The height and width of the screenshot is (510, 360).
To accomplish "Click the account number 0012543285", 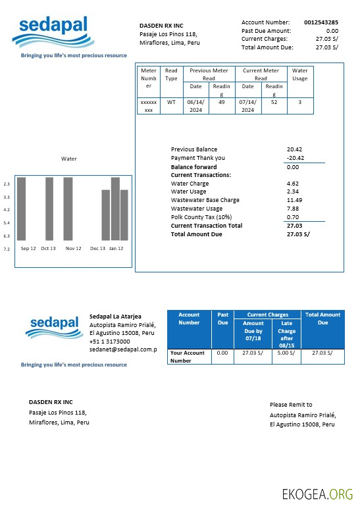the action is [x=321, y=22].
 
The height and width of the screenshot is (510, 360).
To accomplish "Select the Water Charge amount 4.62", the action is [x=294, y=184].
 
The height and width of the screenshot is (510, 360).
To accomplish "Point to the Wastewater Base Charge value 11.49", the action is [x=295, y=200].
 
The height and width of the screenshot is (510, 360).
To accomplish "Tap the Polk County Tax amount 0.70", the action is [x=293, y=217].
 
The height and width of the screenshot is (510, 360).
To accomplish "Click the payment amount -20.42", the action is [x=295, y=158].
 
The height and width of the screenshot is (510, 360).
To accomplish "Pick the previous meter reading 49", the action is [x=221, y=102].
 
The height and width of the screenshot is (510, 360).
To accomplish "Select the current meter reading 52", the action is [x=274, y=102].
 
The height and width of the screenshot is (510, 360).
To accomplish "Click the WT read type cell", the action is [x=171, y=102].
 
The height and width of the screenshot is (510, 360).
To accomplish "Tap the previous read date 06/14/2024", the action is [x=195, y=106].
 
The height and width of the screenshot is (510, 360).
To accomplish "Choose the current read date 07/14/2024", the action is [x=247, y=106].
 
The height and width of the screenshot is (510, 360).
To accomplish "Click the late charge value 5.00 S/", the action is [x=286, y=353].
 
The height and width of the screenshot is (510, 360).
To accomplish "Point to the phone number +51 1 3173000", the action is [x=109, y=342].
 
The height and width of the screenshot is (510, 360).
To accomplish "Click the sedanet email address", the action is [x=123, y=350].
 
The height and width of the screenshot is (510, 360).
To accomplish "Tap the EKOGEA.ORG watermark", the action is [x=317, y=494].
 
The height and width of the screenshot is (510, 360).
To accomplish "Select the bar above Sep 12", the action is [x=21, y=208].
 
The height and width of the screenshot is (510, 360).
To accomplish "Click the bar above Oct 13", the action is [x=49, y=208].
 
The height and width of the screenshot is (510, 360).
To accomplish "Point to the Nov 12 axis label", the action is [x=73, y=249].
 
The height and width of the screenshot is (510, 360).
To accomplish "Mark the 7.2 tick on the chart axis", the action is [x=7, y=249].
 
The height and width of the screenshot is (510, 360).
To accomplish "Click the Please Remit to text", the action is [x=291, y=405].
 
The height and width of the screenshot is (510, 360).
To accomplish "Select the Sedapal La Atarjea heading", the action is [x=115, y=317].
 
